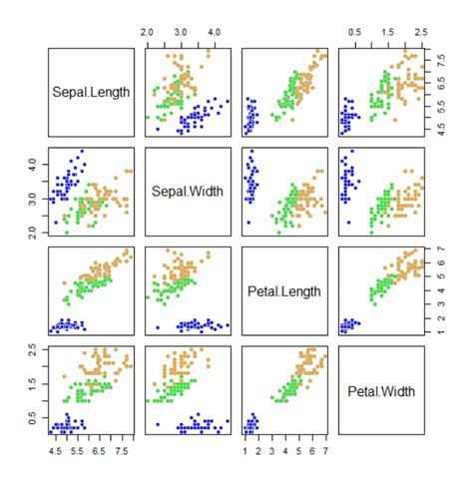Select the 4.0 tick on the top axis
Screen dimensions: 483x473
pos(214,33)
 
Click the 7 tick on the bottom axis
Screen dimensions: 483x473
pos(326,451)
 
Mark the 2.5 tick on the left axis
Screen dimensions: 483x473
pos(32,348)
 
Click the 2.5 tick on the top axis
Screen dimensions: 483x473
pos(421,33)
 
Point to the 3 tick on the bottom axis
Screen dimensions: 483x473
pos(271,451)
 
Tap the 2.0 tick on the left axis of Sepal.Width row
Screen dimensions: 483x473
pos(32,232)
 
